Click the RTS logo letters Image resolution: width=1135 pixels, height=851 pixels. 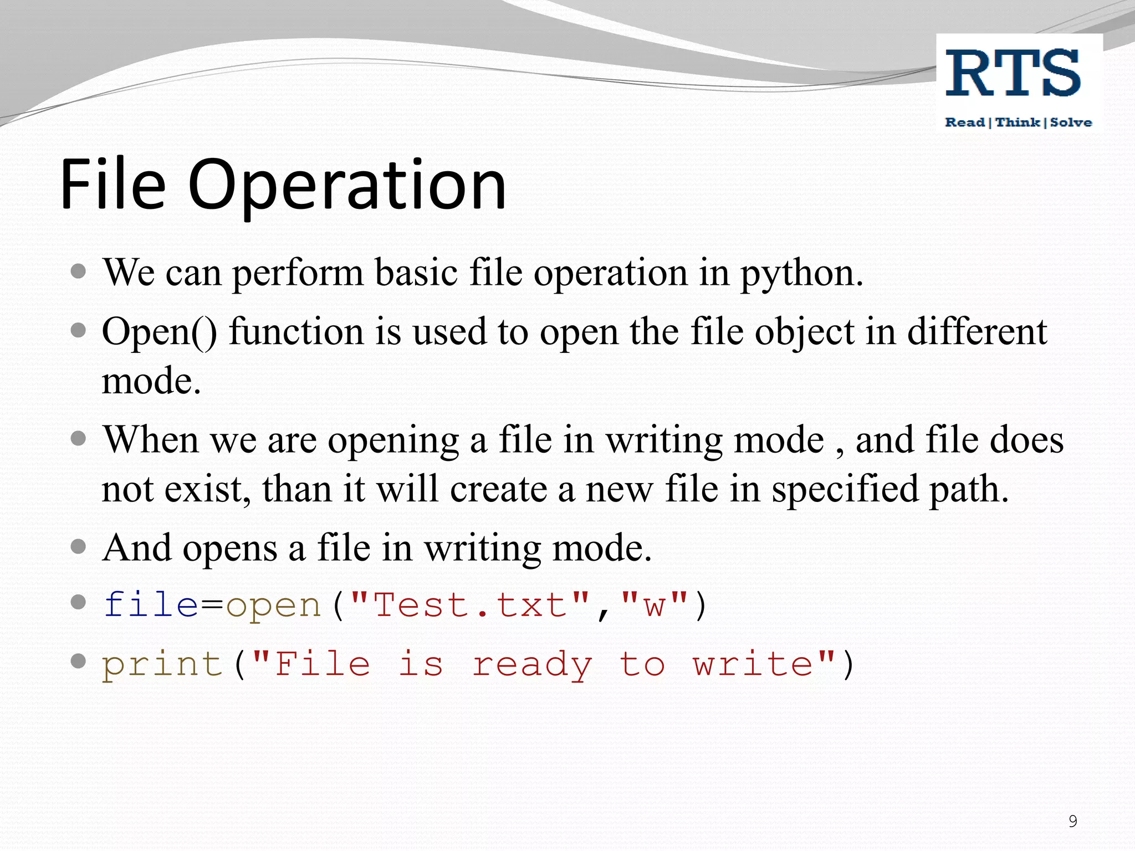pos(1013,74)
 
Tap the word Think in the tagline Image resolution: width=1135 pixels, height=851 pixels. pos(1018,122)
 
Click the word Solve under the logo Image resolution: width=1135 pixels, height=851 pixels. pos(1071,122)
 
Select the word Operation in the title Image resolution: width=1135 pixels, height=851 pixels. pos(347,186)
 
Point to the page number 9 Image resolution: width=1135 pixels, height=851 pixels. pos(1073,821)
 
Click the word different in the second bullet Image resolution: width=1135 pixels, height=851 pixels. pos(977,332)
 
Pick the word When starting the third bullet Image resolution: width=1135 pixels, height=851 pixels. pos(151,440)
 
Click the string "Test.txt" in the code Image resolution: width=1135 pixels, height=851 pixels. pos(470,604)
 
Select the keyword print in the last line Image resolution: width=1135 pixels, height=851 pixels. pos(162,665)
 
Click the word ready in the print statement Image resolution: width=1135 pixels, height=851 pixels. pos(531,665)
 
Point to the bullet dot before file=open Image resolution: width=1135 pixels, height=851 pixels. pos(79,602)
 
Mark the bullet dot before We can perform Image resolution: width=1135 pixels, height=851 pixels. pos(79,271)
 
